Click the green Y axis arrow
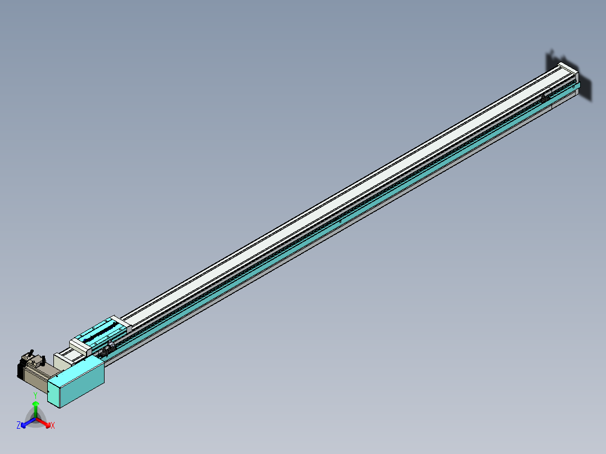tap(36, 407)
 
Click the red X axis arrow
tap(45, 422)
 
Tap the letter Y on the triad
tap(35, 396)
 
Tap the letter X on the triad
tap(53, 426)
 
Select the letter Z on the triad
tap(19, 425)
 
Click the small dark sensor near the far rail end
tap(544, 98)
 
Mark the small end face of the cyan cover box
tap(55, 392)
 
